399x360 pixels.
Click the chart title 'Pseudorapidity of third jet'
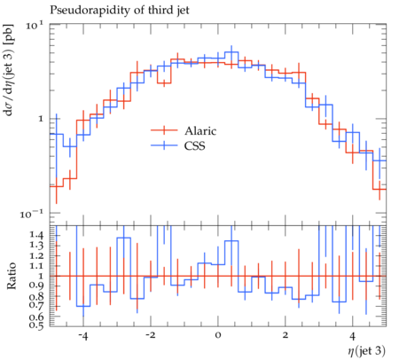[x=120, y=10]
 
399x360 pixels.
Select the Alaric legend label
[x=200, y=130]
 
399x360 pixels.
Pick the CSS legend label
[x=194, y=145]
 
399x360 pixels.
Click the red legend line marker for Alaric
[x=164, y=130]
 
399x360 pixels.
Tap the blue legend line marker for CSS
[x=164, y=145]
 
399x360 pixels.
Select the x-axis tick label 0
[x=218, y=336]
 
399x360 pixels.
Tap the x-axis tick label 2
[x=285, y=336]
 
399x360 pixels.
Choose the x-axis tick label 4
[x=352, y=336]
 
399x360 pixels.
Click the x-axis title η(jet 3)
[x=366, y=351]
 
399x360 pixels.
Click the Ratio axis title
[x=12, y=276]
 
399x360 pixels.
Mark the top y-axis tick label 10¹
[x=35, y=25]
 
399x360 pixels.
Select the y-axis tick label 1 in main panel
[x=42, y=119]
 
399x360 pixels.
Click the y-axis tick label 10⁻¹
[x=32, y=214]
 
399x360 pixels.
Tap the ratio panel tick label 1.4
[x=36, y=235]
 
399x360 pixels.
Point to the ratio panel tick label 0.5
[x=36, y=325]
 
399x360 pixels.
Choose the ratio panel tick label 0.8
[x=36, y=296]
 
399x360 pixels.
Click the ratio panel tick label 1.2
[x=36, y=255]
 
